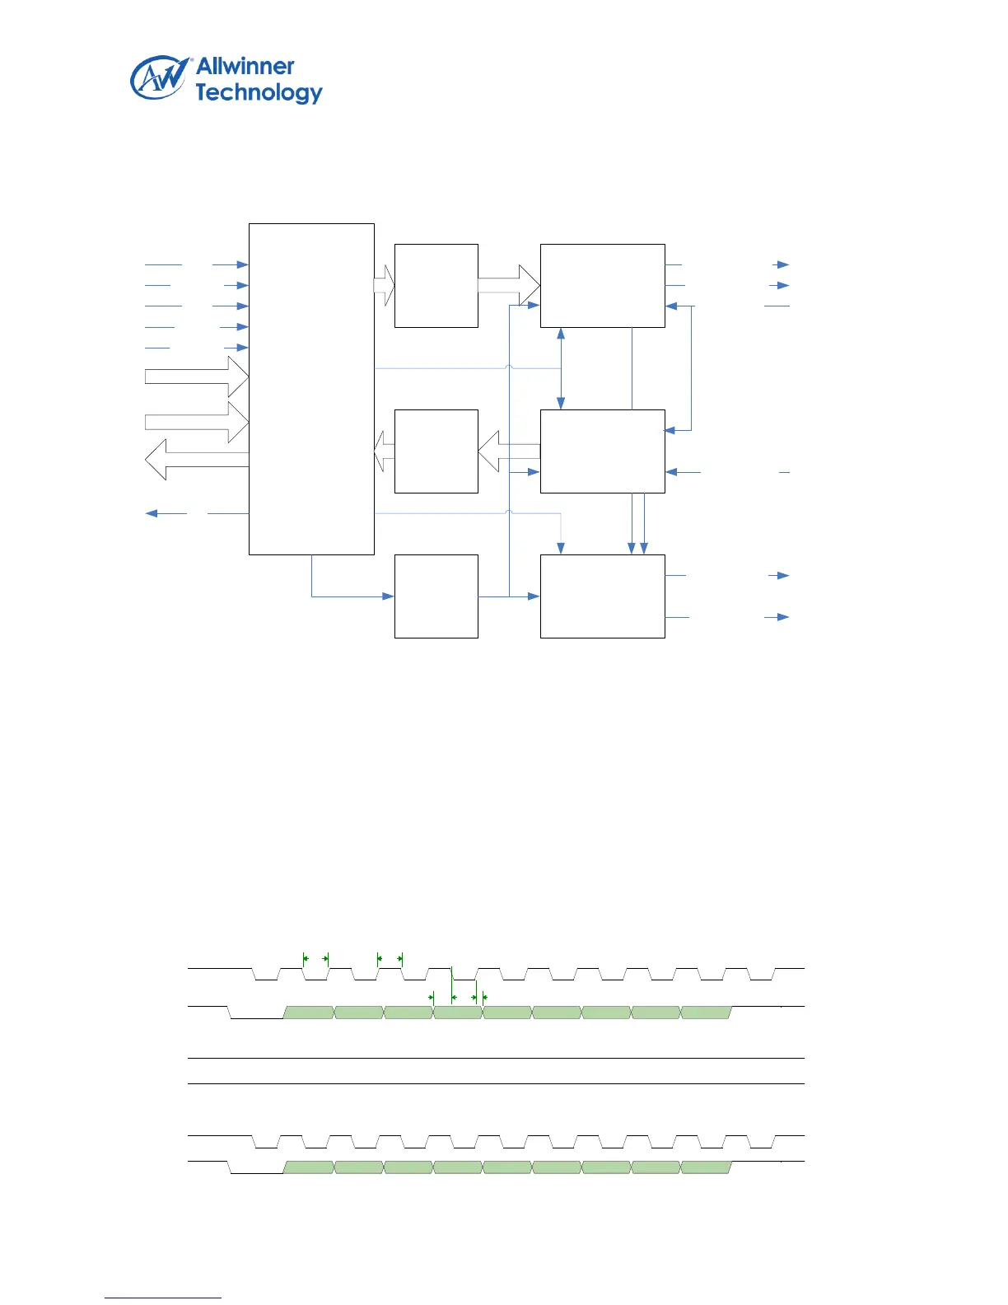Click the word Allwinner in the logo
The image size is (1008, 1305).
click(x=245, y=67)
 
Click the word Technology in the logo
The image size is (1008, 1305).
click(x=259, y=93)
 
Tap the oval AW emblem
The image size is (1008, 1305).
click(x=159, y=78)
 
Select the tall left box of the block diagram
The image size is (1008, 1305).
click(x=311, y=388)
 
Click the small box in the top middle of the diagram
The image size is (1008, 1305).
click(x=436, y=285)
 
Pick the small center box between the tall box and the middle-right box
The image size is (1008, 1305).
click(x=436, y=451)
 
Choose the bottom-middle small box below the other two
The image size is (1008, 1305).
click(x=436, y=596)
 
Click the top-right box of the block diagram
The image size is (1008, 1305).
click(x=602, y=285)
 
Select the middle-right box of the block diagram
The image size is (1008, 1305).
click(x=602, y=451)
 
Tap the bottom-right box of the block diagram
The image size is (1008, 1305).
click(x=602, y=596)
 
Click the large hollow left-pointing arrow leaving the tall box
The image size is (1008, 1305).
click(x=196, y=460)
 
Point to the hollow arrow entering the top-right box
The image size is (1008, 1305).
click(x=509, y=285)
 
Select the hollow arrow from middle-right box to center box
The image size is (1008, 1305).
click(x=509, y=451)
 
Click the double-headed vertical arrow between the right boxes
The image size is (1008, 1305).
click(x=561, y=368)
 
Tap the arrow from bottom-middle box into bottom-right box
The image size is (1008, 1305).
click(x=527, y=596)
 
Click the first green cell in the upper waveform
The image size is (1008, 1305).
click(x=309, y=1013)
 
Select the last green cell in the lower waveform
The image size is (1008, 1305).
click(x=706, y=1167)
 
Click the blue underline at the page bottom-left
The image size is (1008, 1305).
click(x=163, y=1298)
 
